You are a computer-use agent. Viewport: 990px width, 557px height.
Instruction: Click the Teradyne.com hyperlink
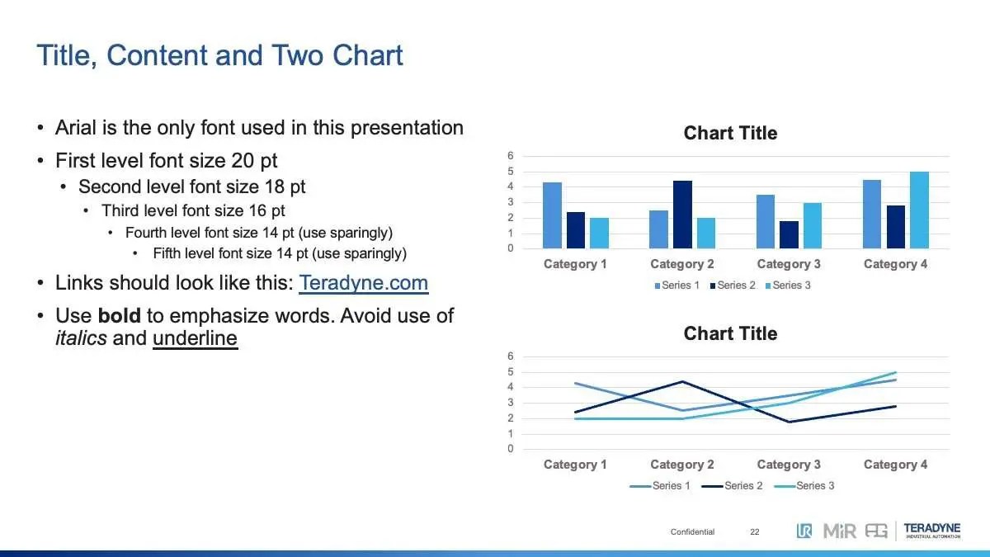(363, 283)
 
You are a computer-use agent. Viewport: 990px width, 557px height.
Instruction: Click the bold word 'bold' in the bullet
(120, 315)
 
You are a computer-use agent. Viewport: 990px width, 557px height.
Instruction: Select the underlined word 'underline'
(195, 338)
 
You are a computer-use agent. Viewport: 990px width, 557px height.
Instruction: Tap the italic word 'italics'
(81, 338)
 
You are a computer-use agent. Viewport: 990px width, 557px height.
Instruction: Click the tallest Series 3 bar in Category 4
(919, 210)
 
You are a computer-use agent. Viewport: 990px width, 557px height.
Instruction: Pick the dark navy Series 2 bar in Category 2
(682, 215)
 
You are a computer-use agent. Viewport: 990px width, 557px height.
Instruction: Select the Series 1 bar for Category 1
(552, 215)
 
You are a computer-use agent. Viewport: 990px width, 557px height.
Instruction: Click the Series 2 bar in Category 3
(789, 234)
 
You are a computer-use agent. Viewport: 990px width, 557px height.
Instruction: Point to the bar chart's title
(730, 133)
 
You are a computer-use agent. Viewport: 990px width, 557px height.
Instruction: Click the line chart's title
(730, 333)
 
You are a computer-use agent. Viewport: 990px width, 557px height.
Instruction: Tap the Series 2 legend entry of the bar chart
(733, 286)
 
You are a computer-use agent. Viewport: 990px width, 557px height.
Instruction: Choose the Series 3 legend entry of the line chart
(804, 485)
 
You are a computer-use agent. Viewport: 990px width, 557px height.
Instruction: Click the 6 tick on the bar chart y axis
(511, 156)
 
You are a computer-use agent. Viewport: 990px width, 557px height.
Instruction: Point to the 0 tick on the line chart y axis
(511, 449)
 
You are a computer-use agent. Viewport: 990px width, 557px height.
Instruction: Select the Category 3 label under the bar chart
(789, 264)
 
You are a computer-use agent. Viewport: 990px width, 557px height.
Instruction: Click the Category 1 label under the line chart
(575, 464)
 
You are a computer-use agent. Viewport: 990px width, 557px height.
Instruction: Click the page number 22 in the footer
(754, 531)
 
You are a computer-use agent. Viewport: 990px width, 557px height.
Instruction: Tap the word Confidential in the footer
(692, 531)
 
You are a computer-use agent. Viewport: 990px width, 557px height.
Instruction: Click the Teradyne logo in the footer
(932, 531)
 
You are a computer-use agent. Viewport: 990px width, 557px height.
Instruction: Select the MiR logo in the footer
(840, 531)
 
